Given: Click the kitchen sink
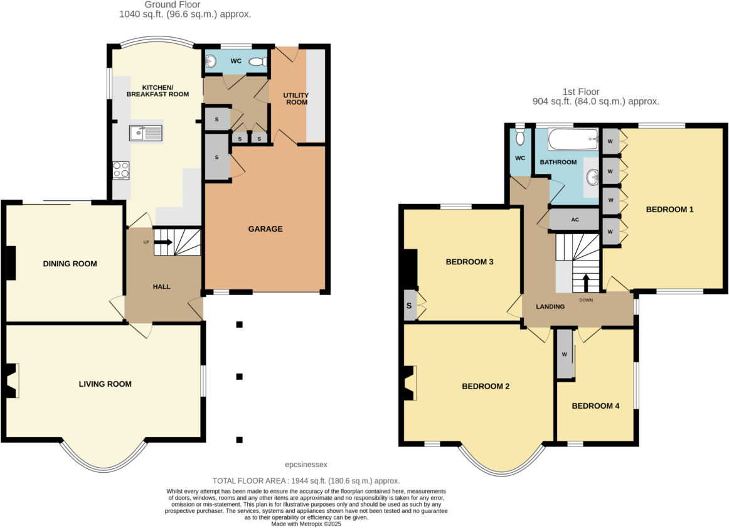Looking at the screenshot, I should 146,132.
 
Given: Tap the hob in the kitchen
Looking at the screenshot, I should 120,170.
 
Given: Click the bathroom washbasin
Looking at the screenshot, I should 592,177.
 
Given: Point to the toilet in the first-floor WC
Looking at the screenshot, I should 519,137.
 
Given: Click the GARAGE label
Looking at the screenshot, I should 265,229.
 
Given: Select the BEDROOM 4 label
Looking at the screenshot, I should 595,406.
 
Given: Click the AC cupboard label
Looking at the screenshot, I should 574,220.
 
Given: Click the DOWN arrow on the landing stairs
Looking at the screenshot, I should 586,283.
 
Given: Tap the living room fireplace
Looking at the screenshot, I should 11,380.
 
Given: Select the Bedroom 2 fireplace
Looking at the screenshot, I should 410,383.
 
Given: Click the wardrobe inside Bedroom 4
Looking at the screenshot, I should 565,354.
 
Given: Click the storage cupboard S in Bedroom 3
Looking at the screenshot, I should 410,306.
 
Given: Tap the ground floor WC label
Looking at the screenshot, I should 236,62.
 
